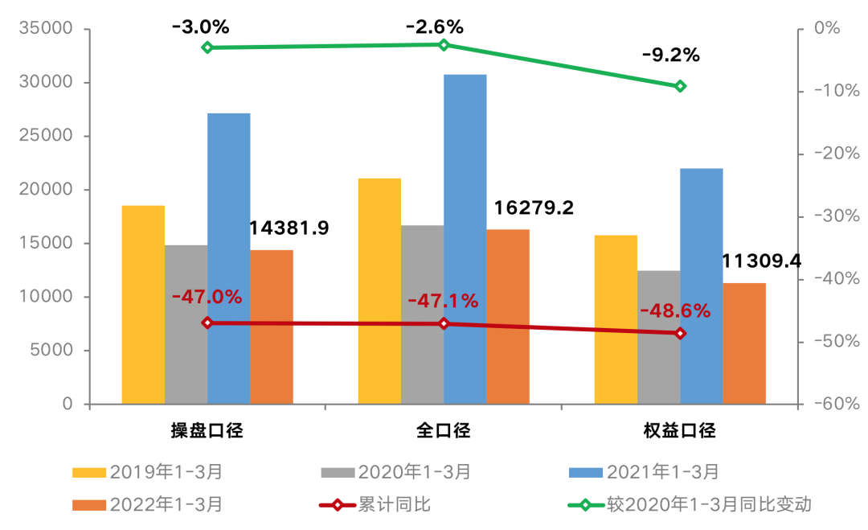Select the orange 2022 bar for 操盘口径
click(x=272, y=327)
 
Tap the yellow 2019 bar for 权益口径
click(x=616, y=319)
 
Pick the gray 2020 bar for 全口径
click(x=422, y=314)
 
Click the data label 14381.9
click(x=289, y=228)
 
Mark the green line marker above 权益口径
click(x=680, y=86)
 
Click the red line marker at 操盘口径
click(x=207, y=323)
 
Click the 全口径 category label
click(x=444, y=430)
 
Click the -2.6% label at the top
click(x=435, y=27)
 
